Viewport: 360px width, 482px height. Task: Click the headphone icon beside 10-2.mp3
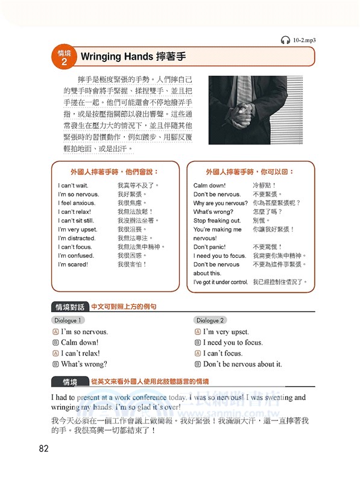click(285, 40)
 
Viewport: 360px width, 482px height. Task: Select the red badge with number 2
click(64, 57)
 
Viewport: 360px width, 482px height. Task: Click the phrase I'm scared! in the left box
click(73, 264)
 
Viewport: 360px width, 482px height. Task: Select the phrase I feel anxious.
click(77, 203)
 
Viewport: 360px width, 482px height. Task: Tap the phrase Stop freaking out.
click(217, 221)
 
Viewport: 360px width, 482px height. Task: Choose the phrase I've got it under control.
click(220, 282)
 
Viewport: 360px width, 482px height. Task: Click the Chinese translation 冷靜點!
click(264, 186)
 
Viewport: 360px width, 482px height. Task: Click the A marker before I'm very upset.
click(198, 332)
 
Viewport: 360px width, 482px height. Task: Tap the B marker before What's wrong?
click(55, 365)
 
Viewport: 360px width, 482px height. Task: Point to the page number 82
click(43, 448)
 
